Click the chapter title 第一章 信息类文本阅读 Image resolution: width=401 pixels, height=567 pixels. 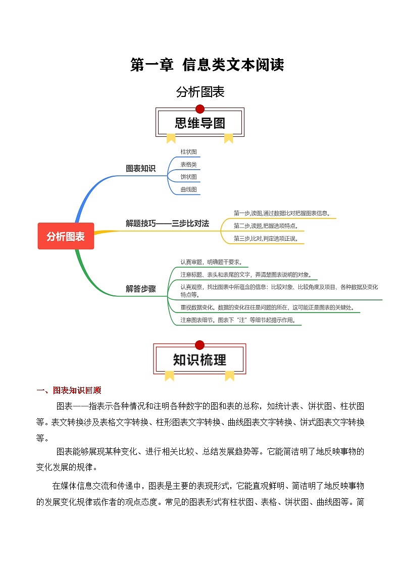click(x=207, y=65)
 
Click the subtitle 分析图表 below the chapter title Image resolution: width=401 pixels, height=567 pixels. click(x=200, y=92)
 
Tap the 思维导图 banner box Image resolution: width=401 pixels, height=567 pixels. click(x=200, y=123)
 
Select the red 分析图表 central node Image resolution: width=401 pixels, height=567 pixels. click(x=66, y=236)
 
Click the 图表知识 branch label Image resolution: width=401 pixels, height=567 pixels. click(x=141, y=169)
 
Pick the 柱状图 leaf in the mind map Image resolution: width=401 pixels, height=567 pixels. click(x=188, y=151)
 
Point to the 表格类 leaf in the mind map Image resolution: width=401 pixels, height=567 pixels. click(x=188, y=164)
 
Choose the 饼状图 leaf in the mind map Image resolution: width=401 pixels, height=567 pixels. click(x=188, y=177)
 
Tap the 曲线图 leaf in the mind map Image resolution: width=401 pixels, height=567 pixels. click(x=188, y=189)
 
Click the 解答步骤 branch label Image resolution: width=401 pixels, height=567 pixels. click(x=141, y=289)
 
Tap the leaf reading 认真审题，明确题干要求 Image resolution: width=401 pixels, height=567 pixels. click(x=211, y=262)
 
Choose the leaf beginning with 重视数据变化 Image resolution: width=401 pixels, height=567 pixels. click(x=267, y=307)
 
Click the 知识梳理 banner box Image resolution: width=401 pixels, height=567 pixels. click(x=199, y=359)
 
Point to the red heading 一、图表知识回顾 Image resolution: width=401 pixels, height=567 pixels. click(x=69, y=390)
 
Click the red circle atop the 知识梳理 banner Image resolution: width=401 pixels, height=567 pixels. click(x=199, y=345)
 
